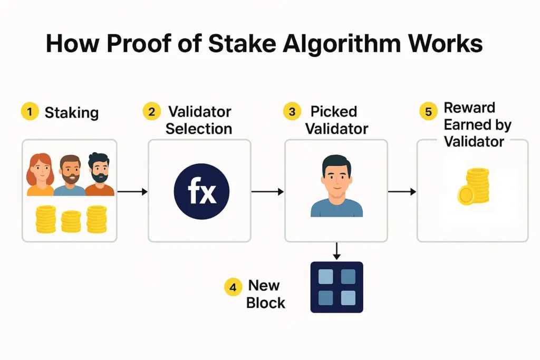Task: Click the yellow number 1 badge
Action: coord(30,112)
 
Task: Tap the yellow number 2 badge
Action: coord(152,112)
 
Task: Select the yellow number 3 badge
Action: coord(292,112)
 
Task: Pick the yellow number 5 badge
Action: coord(428,112)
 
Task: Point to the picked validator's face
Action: coord(336,177)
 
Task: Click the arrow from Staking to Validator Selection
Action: coord(132,192)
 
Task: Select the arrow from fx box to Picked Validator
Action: coord(267,192)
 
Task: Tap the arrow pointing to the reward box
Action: coord(402,192)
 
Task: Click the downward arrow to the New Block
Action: coord(336,251)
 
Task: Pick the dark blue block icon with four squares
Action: coord(336,287)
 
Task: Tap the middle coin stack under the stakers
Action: coord(71,221)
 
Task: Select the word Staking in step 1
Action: coord(71,112)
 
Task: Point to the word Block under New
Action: coord(266,303)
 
